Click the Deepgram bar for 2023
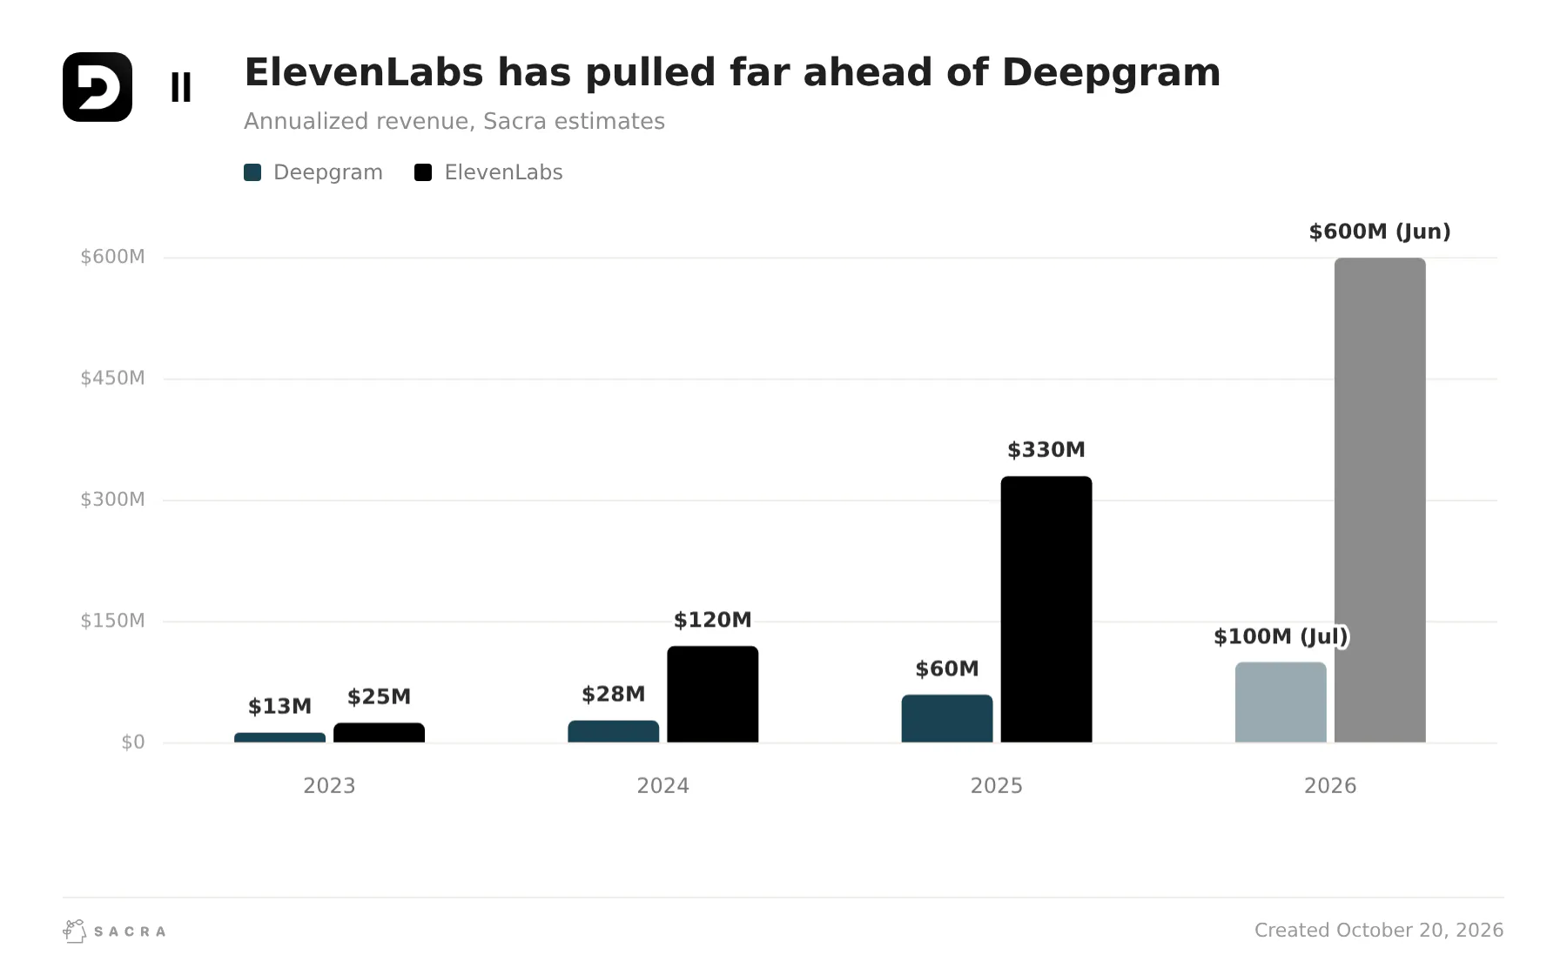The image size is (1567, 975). coord(279,737)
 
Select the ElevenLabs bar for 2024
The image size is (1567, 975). coord(712,694)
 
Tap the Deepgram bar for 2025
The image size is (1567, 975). coord(947,718)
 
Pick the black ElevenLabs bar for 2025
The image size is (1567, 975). coord(1046,609)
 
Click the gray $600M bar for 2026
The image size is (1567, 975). coord(1380,501)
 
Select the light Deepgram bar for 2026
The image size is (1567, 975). coord(1281,703)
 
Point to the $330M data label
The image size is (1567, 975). coord(1046,450)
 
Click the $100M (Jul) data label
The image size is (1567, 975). coord(1281,636)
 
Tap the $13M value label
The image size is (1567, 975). coord(279,706)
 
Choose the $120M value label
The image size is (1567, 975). coord(712,620)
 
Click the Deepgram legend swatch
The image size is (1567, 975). coord(252,172)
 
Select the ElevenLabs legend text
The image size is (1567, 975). coord(503,172)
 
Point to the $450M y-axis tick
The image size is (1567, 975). coord(112,378)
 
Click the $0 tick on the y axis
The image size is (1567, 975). coord(133,743)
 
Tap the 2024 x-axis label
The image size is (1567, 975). coord(662,786)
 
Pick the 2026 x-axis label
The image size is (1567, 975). coord(1330,786)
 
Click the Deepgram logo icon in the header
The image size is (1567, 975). coord(98,87)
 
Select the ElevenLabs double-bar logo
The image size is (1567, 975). coord(181,87)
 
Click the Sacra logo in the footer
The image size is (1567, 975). coord(114,931)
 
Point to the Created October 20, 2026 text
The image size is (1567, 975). coord(1379,930)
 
